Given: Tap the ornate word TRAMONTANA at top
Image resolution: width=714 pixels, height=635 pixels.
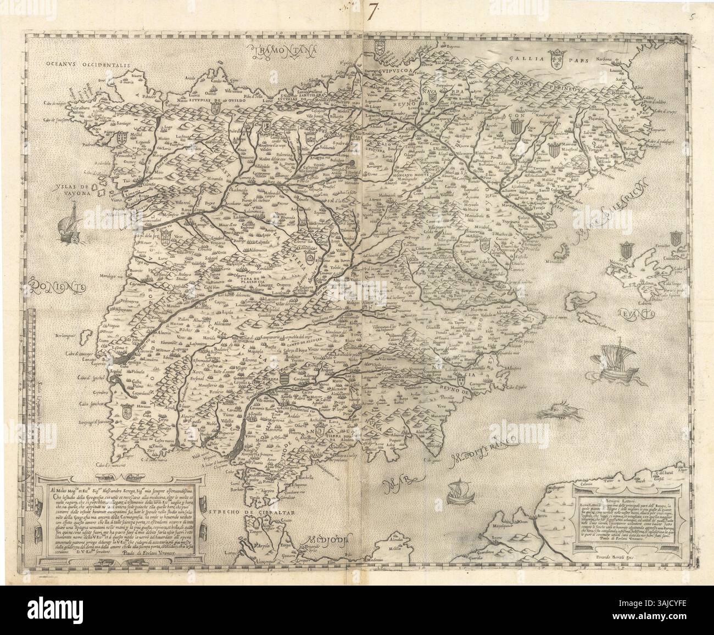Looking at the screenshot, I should click(286, 52).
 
